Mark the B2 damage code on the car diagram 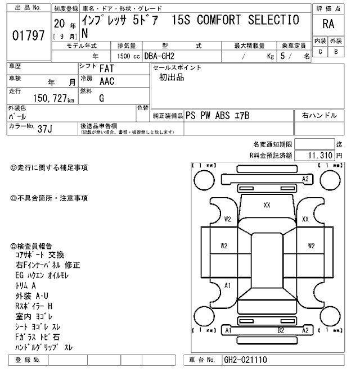tap(281, 331)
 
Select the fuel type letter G tap(101, 98)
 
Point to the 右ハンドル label tap(319, 115)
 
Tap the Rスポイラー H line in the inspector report tap(34, 306)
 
